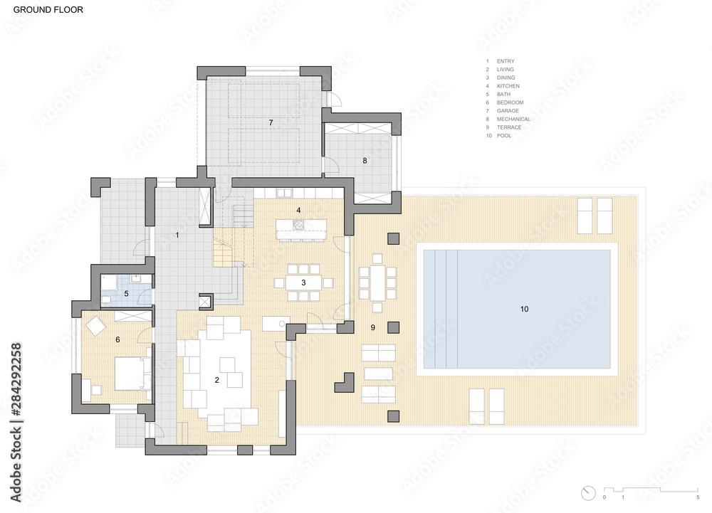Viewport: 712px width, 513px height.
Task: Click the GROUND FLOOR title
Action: coord(48,9)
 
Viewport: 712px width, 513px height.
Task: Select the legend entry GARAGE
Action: coord(508,111)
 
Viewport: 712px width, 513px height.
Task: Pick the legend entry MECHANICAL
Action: coord(513,119)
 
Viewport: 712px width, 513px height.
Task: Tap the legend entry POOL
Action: coord(504,136)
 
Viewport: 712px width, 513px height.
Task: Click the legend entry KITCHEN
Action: coord(508,85)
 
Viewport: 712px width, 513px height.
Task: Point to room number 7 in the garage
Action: coord(271,122)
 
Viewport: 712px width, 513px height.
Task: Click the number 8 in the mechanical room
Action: coord(365,161)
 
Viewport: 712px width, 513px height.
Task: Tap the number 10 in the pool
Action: coord(525,309)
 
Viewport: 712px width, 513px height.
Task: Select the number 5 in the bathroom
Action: coord(126,293)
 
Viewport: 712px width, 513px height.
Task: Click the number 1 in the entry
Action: coord(177,235)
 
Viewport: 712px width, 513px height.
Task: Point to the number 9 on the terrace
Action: coord(373,327)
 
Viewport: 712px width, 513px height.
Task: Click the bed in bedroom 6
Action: coord(132,374)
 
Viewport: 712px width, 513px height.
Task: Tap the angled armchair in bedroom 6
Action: coord(95,326)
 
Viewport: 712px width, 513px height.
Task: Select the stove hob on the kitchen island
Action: coord(299,225)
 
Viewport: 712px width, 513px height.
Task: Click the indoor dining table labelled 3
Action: coord(303,282)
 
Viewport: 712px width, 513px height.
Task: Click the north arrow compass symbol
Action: coord(588,493)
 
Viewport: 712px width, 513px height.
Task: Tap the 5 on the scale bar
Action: coord(698,497)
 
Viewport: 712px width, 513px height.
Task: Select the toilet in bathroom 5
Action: coord(105,300)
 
